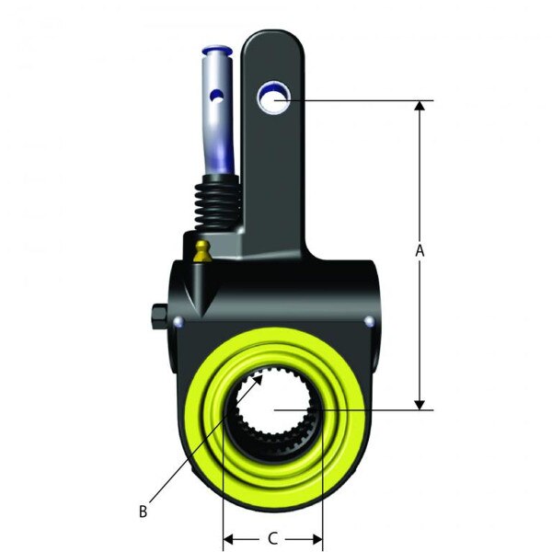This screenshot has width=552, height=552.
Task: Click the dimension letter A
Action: (x=420, y=250)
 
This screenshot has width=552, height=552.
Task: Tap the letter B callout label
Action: (x=143, y=512)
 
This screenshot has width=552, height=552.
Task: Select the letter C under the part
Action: (x=272, y=539)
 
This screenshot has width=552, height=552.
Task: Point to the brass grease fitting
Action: (x=202, y=251)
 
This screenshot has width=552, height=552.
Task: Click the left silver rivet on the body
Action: (x=178, y=322)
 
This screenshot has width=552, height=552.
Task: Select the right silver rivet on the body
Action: (x=369, y=321)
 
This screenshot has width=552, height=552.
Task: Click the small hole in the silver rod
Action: (x=214, y=95)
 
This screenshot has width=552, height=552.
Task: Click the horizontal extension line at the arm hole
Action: (x=359, y=99)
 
